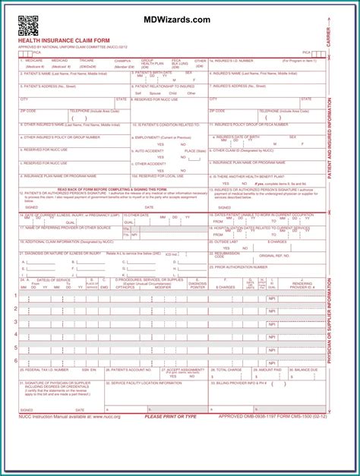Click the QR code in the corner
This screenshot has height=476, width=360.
coord(28,26)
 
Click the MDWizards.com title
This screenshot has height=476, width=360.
coord(181,20)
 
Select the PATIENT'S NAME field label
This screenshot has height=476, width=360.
coord(53,73)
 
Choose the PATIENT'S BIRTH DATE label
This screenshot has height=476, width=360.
coord(153,73)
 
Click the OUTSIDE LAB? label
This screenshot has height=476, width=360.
coord(227,241)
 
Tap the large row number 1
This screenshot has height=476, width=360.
coord(16,295)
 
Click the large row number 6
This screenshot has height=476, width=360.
coord(16,360)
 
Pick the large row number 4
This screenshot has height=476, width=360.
coord(16,334)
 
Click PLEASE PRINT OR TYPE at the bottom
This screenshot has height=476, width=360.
coord(170,416)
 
